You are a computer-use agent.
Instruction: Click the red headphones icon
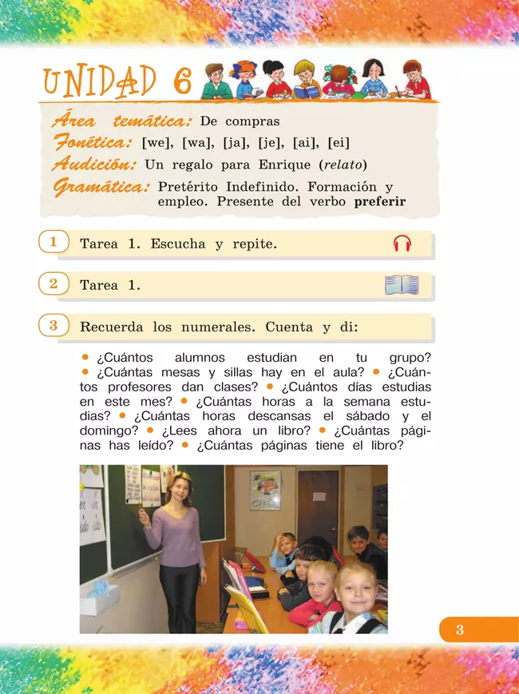402,244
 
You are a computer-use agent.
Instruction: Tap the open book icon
402,285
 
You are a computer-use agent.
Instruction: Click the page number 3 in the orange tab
460,630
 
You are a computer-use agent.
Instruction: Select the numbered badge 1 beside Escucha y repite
53,242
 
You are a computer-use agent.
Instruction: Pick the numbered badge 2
53,284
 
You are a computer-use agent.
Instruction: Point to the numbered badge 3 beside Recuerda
53,325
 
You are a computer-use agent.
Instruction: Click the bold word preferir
380,202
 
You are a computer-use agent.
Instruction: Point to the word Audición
94,165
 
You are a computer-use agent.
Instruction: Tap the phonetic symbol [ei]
339,144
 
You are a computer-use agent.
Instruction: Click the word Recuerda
113,327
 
